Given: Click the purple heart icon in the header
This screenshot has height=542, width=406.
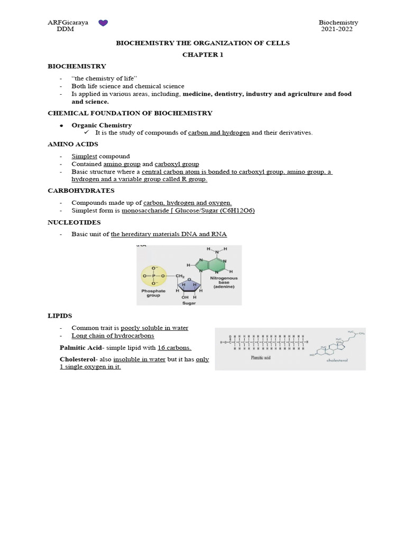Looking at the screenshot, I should coord(104,23).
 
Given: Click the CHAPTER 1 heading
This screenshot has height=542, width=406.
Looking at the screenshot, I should coord(202,55).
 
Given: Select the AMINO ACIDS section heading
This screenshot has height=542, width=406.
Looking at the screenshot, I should coord(73,144).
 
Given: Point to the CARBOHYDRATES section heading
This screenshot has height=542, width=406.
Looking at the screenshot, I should coord(81,190).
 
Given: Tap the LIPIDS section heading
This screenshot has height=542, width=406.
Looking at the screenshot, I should coord(59,316).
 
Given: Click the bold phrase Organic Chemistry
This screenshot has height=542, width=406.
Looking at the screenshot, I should coord(101,125).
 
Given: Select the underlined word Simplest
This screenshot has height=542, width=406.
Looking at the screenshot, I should coord(85,157).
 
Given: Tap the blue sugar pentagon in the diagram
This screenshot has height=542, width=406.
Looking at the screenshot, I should coord(189,286).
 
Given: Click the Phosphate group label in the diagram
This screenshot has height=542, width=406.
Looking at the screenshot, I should coord(153,293).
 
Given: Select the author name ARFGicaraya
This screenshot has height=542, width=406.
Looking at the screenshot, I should coord(68,23).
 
